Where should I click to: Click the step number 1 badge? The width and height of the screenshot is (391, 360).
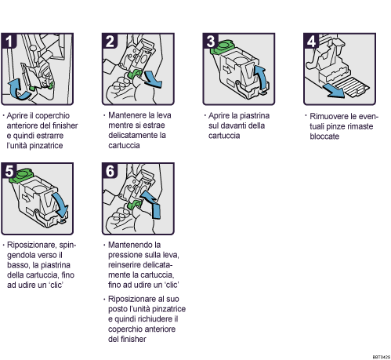pos(10,40)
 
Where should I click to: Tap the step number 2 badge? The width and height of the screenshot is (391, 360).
pos(110,40)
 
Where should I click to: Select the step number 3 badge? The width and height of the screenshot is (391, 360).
pos(211,40)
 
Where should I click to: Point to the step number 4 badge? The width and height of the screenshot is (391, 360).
pos(311,40)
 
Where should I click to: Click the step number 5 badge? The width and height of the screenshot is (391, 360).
pos(10,170)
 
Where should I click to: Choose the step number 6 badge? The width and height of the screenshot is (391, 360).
pos(110,170)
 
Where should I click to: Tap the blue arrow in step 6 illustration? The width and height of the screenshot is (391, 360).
pos(154,208)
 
